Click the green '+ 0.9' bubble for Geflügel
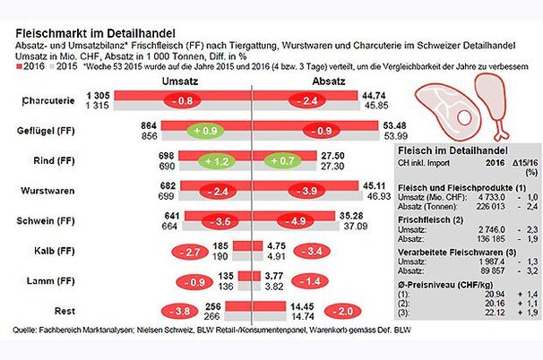click(x=206, y=131)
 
